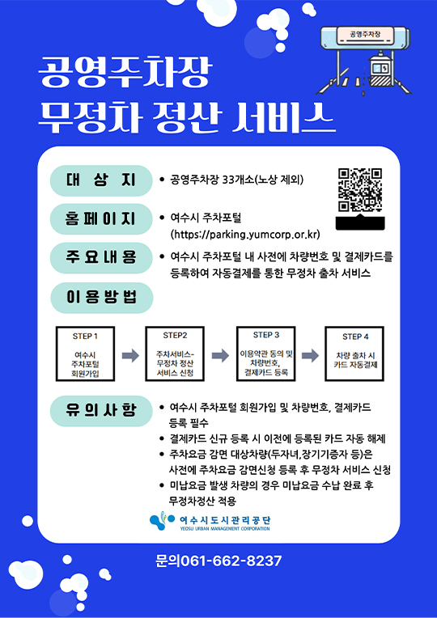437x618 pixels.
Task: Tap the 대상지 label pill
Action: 101,180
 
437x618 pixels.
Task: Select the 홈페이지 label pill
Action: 101,219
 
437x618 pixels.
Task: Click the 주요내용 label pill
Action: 101,258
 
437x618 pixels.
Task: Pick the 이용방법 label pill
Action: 101,298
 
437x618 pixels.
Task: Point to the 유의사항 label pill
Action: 101,411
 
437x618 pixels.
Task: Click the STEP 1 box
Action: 85,353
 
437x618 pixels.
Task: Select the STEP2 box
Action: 175,353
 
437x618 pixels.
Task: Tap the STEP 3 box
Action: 265,353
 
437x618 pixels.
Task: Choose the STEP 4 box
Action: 354,353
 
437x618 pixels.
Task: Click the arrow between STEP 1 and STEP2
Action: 130,355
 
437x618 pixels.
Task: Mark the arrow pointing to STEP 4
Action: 310,355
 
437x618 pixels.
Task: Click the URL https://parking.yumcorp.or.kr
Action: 245,235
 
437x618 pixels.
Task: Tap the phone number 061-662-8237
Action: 231,561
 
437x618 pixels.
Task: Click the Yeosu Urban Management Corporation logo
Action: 210,521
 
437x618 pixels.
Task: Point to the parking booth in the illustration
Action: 379,71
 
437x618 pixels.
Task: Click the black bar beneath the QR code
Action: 359,223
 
